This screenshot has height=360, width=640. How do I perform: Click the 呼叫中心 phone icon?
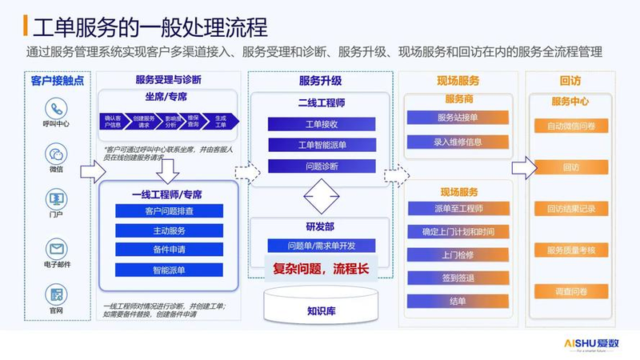tap(56, 109)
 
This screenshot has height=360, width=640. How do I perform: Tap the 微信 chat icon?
tap(56, 154)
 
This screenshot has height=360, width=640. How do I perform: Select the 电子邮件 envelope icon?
tap(56, 247)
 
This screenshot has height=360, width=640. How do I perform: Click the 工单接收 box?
tap(322, 126)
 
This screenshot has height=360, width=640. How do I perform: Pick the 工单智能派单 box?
tap(322, 146)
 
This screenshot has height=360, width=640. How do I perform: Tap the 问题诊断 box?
tap(322, 166)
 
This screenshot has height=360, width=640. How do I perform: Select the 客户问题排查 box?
tap(169, 211)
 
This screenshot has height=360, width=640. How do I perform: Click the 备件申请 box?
tap(169, 250)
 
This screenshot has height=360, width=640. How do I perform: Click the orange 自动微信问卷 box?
tap(571, 126)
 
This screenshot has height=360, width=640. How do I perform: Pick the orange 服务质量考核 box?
tap(571, 250)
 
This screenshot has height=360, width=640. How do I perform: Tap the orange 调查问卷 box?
tap(571, 292)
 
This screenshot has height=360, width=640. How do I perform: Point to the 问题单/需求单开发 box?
tap(322, 246)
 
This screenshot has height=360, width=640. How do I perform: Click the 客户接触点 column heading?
tap(57, 80)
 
